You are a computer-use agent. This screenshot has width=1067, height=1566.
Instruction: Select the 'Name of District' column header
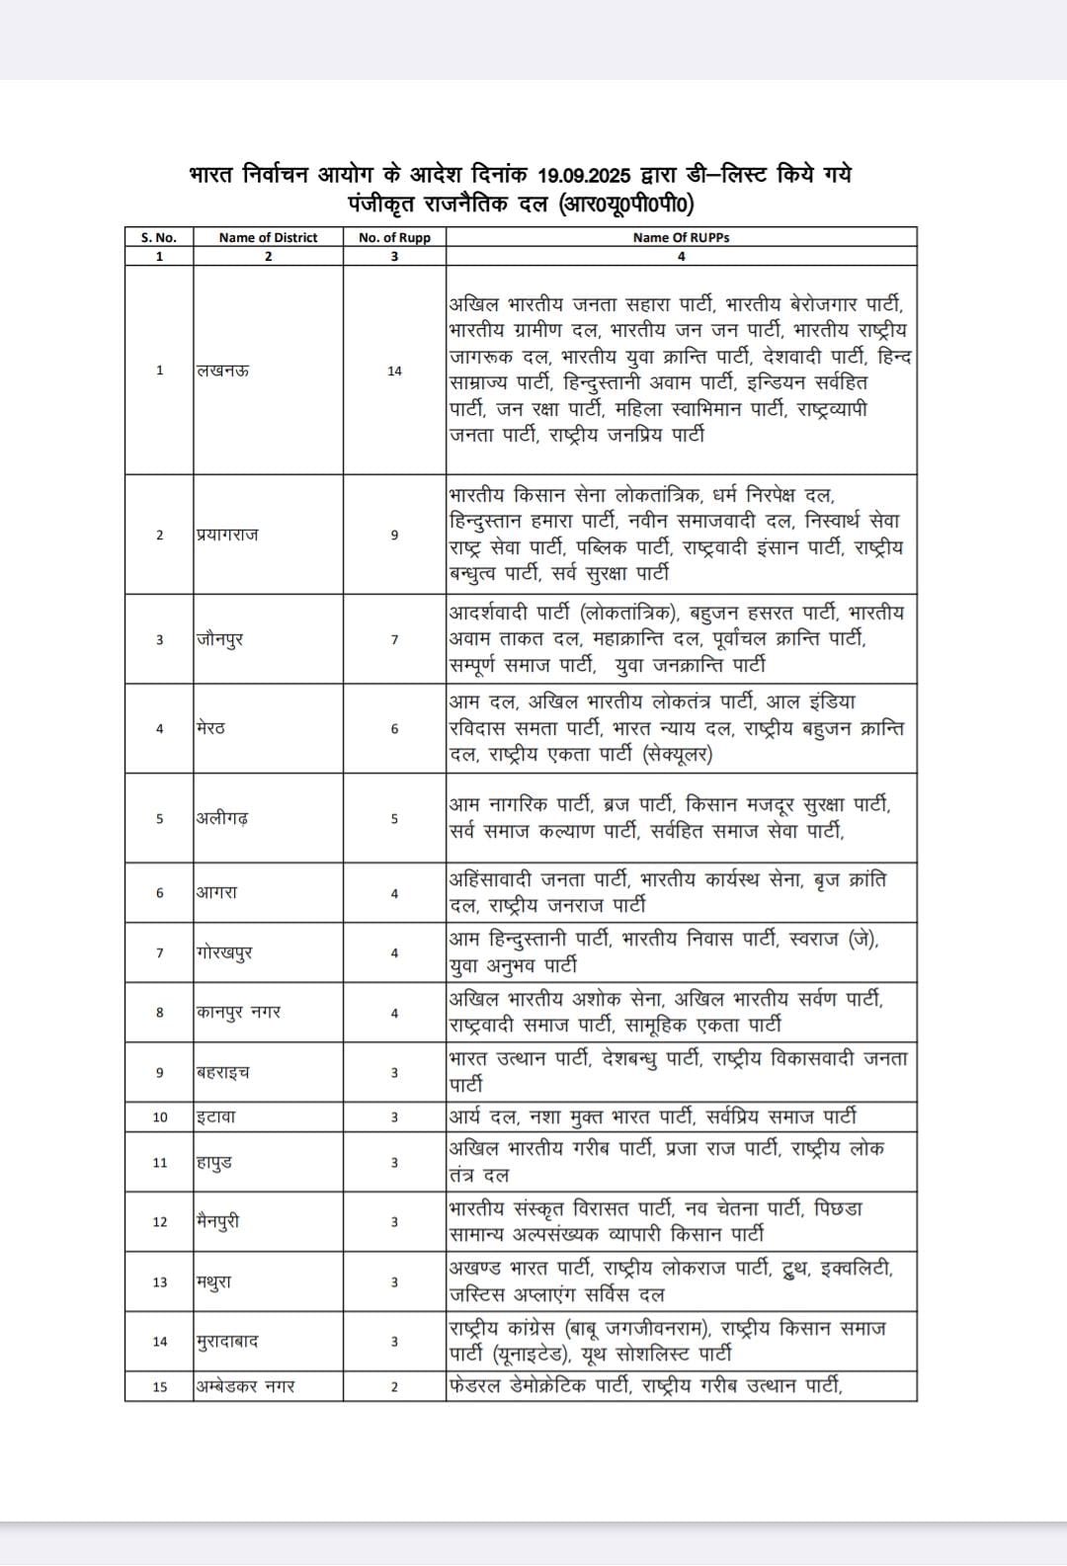point(268,237)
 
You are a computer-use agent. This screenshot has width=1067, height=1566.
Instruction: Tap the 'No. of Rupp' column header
point(394,237)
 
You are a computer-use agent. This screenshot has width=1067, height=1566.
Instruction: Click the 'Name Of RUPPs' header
point(681,237)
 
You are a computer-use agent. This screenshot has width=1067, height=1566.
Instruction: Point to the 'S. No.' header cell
point(159,237)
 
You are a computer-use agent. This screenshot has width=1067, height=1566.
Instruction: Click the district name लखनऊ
point(222,371)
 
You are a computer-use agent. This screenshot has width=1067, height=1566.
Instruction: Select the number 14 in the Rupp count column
point(394,371)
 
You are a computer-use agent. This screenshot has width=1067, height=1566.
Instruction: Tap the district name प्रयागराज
point(227,535)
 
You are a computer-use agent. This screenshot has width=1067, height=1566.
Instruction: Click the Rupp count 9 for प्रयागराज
point(394,535)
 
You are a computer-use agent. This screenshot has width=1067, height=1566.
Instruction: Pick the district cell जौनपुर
point(219,639)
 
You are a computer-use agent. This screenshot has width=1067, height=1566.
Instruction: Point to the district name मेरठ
point(210,728)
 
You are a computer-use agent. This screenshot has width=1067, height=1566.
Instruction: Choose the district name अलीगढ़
point(221,818)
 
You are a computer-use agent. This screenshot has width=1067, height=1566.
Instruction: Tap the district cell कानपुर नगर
point(238,1013)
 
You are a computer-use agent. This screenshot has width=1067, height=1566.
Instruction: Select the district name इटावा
point(215,1116)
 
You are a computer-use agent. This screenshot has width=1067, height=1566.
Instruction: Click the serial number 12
point(160,1222)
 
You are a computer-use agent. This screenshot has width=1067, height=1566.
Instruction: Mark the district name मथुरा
point(214,1282)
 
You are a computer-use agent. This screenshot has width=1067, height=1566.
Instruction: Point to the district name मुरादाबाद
point(228,1342)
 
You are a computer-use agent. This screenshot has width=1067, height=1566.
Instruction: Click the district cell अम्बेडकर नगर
point(245,1386)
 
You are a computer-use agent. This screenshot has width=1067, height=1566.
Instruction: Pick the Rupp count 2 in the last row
point(394,1386)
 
